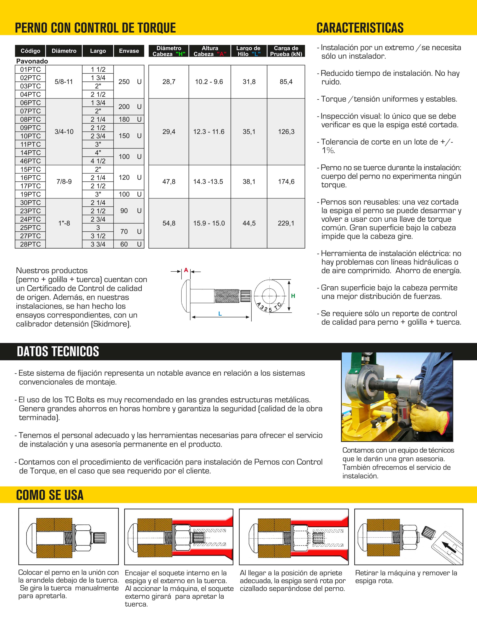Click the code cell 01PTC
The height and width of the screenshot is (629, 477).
tap(30, 70)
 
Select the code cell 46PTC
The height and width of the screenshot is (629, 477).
tap(30, 161)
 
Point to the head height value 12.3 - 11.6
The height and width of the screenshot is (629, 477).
tap(209, 132)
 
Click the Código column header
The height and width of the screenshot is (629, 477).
tap(30, 51)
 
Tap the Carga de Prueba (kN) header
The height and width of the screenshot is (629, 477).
tap(286, 51)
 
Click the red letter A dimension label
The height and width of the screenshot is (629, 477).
tap(186, 270)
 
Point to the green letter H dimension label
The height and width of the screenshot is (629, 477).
tap(293, 296)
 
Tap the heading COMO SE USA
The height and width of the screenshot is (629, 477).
tap(50, 495)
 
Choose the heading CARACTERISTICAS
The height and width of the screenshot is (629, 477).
tap(360, 28)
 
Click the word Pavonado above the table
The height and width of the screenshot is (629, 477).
tap(32, 61)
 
